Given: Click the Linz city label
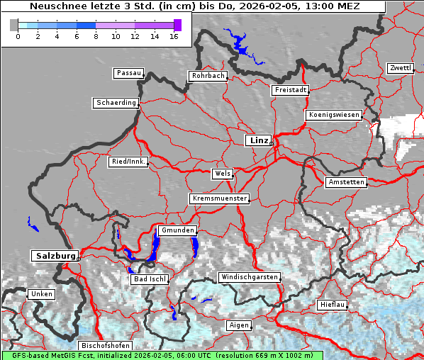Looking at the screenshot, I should click(258, 140).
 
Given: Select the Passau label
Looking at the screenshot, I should click(128, 73).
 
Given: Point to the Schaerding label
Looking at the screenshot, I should click(116, 103).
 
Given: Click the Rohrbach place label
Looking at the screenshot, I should click(207, 76).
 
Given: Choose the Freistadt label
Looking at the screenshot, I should click(290, 90).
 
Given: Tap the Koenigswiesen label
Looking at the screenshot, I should click(333, 115).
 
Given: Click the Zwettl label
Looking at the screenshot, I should click(400, 68).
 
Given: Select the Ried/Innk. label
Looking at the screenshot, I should click(128, 162).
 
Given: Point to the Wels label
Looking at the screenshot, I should click(222, 174).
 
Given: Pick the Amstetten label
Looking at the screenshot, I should click(346, 182).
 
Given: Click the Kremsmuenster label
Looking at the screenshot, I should click(220, 198).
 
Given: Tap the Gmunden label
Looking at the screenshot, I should click(176, 231).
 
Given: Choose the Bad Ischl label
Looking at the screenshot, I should click(150, 279).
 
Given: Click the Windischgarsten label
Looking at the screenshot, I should click(249, 276).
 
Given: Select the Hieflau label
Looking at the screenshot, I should click(332, 305).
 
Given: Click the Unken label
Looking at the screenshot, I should click(40, 293).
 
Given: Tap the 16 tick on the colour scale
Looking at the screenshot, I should click(174, 35).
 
